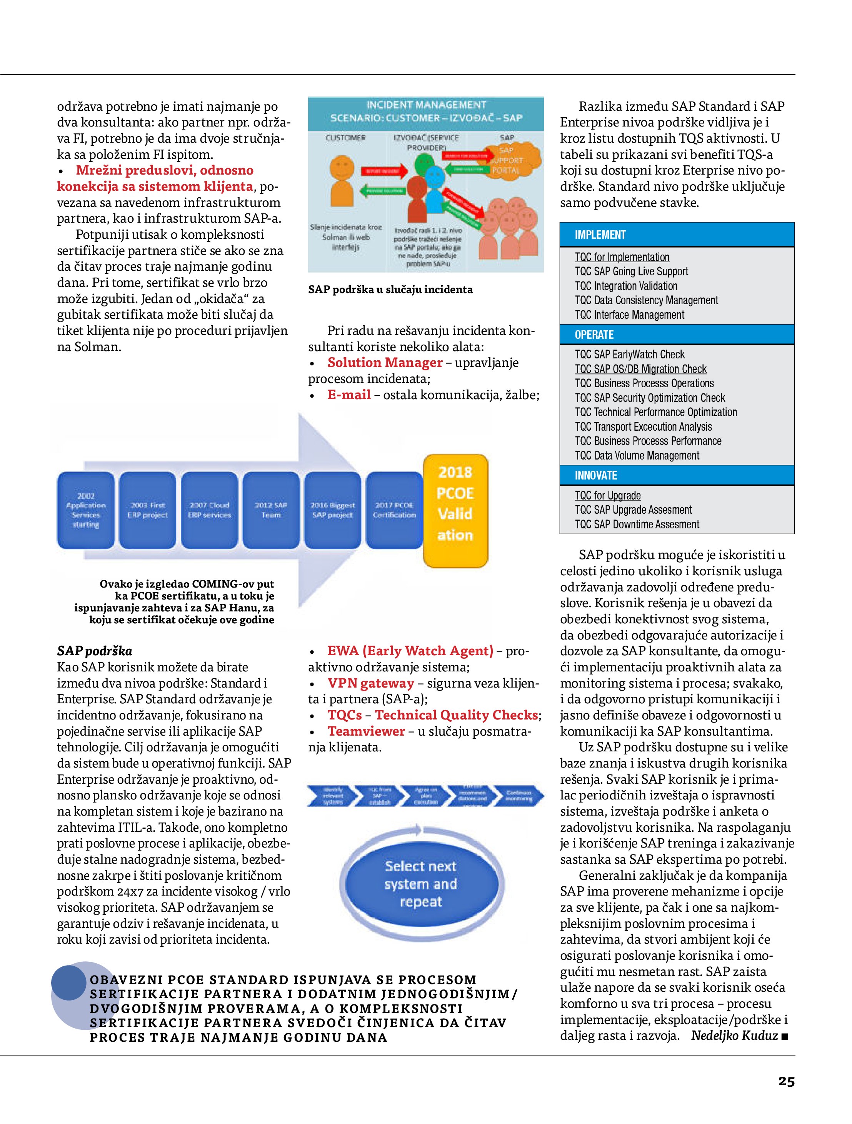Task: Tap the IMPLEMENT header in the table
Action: (x=600, y=235)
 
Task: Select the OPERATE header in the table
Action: (x=594, y=335)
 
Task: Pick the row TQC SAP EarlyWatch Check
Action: (x=629, y=355)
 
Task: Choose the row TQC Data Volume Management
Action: (x=637, y=456)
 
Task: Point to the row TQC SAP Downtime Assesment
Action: (x=637, y=525)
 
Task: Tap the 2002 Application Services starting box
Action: (x=85, y=510)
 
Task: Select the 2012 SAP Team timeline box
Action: (x=271, y=510)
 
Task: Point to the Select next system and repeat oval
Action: (x=420, y=884)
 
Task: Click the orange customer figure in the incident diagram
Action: (x=342, y=183)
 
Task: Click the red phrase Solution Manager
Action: (x=385, y=363)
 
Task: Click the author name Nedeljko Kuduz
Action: (x=734, y=1036)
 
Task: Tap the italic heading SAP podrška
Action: (x=95, y=651)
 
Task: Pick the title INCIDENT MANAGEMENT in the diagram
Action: (x=426, y=105)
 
